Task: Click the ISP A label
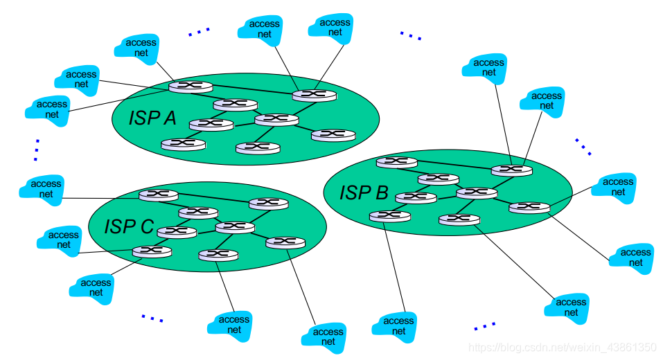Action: pyautogui.click(x=152, y=118)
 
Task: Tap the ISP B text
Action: pyautogui.click(x=364, y=192)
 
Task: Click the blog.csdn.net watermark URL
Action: pyautogui.click(x=561, y=346)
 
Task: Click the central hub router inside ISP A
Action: pyautogui.click(x=276, y=119)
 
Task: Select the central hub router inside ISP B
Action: pyautogui.click(x=477, y=192)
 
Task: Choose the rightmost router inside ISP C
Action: pyautogui.click(x=285, y=242)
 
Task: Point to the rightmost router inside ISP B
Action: pyautogui.click(x=529, y=206)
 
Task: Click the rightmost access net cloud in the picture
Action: pyautogui.click(x=631, y=258)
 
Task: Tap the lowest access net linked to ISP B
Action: pyautogui.click(x=398, y=326)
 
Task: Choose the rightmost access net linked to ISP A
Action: pyautogui.click(x=335, y=27)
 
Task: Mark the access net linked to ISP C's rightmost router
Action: pyautogui.click(x=328, y=336)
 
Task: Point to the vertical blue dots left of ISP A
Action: pyautogui.click(x=36, y=150)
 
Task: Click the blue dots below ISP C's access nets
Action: pyautogui.click(x=152, y=318)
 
